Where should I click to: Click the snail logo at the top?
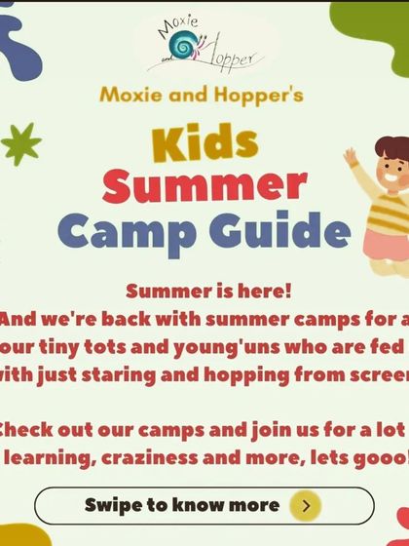[x=181, y=45]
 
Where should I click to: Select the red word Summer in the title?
[x=204, y=186]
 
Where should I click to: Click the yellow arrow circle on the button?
[x=307, y=505]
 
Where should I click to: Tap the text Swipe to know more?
[x=181, y=505]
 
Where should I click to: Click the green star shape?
[x=20, y=143]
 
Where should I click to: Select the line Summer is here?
[x=208, y=291]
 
